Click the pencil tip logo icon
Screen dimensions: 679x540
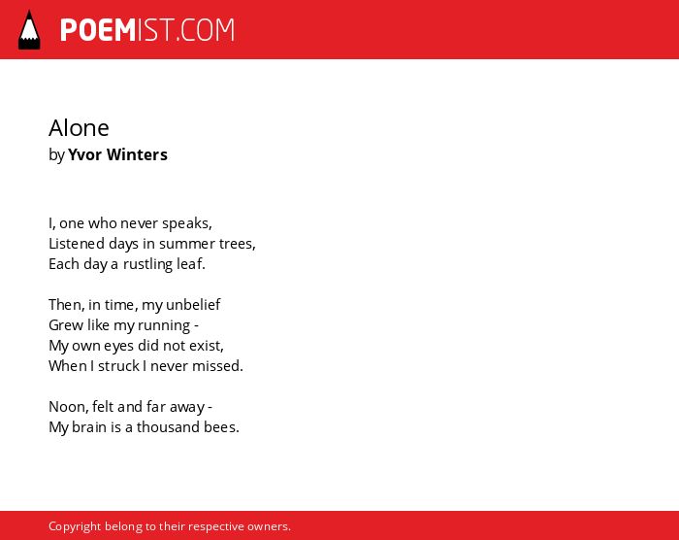[x=29, y=30]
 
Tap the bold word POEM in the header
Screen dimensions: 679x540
[x=98, y=30]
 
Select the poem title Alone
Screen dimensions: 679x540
[x=79, y=128]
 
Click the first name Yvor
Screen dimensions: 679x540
[x=85, y=154]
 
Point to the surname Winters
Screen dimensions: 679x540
[x=137, y=154]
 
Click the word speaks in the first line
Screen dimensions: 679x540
[x=187, y=223]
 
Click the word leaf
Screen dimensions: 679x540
[x=191, y=264]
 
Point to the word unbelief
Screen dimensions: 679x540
[x=193, y=305]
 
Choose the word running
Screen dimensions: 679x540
[x=164, y=325]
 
